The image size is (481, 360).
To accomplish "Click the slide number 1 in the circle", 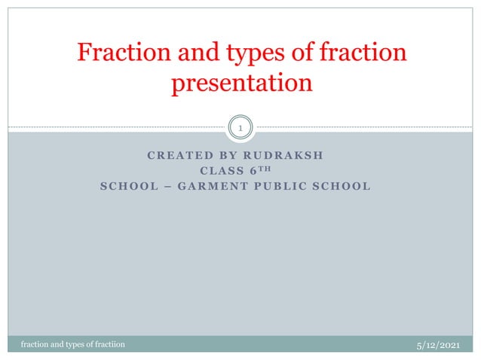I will coord(240,130).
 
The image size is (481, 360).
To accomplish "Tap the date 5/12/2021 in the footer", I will coord(438,344).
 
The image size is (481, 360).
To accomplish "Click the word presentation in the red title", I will coord(241,83).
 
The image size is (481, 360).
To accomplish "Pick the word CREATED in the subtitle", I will coord(173,156).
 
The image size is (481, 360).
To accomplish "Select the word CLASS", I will coord(221,171).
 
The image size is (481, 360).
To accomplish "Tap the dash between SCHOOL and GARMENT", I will coord(159,186).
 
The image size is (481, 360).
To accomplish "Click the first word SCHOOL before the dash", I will coord(124,186).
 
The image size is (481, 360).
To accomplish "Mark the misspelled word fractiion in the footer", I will coord(108,345).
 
